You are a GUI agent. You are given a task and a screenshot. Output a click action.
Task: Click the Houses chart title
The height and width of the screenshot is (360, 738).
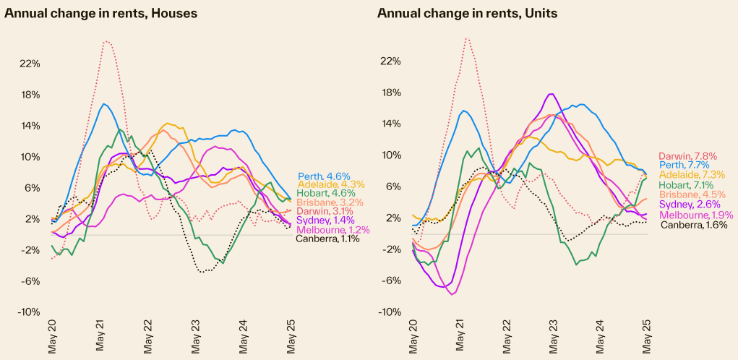(x=101, y=13)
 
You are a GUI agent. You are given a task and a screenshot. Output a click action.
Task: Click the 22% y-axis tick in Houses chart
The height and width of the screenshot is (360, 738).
(x=29, y=64)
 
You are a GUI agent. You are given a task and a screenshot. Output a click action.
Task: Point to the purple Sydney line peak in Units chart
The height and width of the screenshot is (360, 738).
(x=552, y=94)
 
